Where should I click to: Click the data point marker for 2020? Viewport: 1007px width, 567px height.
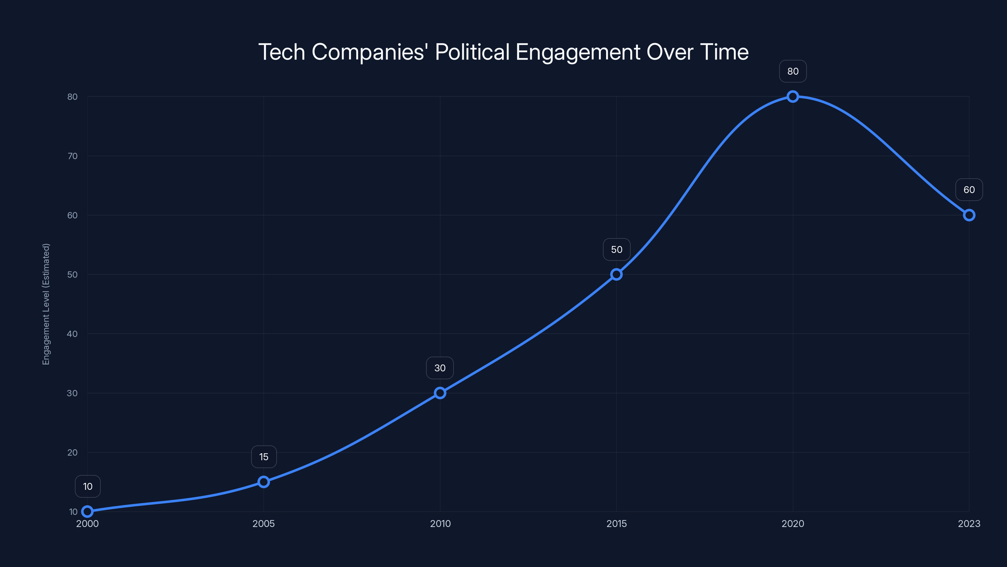pos(792,97)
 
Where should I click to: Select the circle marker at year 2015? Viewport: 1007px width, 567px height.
pos(616,274)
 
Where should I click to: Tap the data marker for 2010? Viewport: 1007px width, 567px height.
pos(440,393)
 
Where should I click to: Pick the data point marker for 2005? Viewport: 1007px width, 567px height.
pos(263,482)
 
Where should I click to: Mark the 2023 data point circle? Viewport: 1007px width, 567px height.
pos(969,215)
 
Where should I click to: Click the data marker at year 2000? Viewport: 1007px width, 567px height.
pos(87,512)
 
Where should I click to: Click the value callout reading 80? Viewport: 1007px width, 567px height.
pos(792,71)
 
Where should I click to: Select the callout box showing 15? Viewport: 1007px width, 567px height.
pos(263,457)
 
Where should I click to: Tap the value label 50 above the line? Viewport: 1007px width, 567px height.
pos(616,250)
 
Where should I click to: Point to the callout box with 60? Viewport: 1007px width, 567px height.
pos(969,190)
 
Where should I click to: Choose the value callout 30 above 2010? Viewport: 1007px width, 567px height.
pos(440,368)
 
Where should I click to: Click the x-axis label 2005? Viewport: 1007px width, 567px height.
pos(263,524)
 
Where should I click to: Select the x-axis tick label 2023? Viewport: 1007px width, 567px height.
pos(969,524)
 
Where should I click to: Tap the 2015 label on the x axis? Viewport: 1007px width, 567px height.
pos(616,524)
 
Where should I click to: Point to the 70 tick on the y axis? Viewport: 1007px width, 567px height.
pos(72,156)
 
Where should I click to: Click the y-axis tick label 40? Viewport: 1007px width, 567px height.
pos(72,334)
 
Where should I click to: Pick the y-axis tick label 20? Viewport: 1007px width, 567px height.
pos(72,452)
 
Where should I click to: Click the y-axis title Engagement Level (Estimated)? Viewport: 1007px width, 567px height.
pos(46,304)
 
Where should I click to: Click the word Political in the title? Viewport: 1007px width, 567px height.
pos(472,52)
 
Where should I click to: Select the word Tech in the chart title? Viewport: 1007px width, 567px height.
pos(281,52)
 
